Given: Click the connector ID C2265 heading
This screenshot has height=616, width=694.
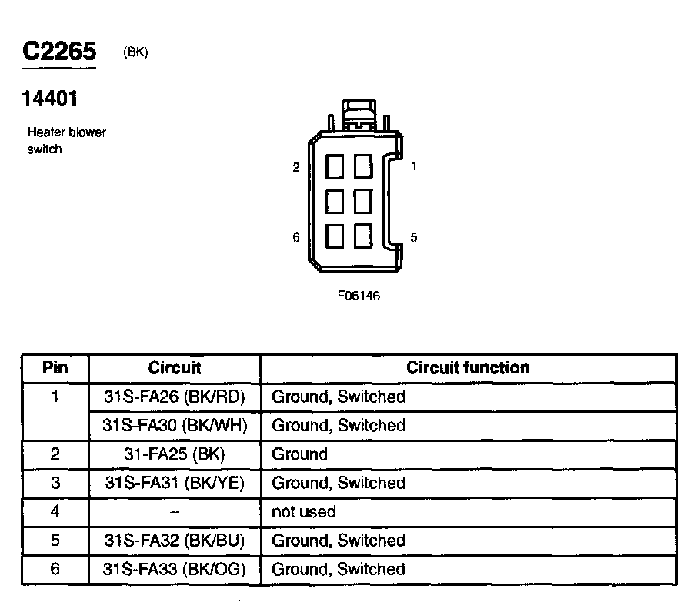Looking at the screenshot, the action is pos(59,52).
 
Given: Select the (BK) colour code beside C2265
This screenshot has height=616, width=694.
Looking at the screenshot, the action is pos(135,52).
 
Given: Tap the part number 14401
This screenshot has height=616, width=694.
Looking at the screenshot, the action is pos(50,99).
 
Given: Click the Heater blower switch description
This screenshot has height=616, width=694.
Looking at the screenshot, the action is pos(66,140).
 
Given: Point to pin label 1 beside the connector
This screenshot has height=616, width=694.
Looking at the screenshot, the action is pos(414,166).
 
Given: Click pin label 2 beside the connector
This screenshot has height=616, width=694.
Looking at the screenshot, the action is pos(296,167).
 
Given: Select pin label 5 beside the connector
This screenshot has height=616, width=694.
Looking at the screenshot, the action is pos(414,237).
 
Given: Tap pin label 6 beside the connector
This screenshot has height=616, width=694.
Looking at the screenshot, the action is pos(296,237).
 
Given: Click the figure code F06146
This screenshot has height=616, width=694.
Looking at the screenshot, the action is pos(359,296).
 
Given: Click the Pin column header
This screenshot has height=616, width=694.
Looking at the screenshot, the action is pos(55,368).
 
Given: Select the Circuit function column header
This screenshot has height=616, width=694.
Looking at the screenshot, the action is pos(468,368).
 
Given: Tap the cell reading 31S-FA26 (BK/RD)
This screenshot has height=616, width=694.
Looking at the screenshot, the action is pos(175,397).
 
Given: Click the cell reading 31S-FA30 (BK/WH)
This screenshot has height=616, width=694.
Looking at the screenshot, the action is pos(175,425).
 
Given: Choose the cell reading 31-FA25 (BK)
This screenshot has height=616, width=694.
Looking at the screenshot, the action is pos(175,454).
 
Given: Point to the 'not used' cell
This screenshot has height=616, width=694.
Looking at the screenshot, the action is pos(304,512).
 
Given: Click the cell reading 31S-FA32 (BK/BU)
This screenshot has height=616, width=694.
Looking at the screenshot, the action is pos(175,541).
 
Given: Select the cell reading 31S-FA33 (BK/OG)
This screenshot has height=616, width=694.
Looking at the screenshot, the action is pos(175,570).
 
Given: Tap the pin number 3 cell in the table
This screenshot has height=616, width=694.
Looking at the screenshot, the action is pos(55,483).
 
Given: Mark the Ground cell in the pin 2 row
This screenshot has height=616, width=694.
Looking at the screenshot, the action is pos(299,454).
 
